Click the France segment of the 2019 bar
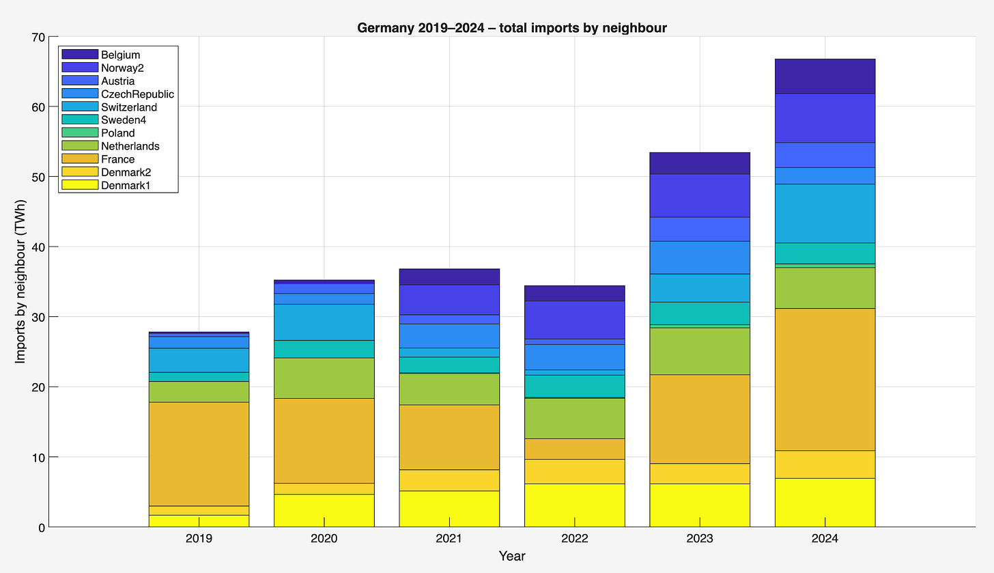click(x=199, y=453)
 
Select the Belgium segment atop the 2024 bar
click(x=825, y=76)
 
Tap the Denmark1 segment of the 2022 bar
click(x=574, y=505)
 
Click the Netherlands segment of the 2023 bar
click(x=700, y=351)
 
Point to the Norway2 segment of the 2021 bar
click(x=449, y=300)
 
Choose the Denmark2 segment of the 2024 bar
click(x=825, y=464)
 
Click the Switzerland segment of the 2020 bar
click(x=324, y=322)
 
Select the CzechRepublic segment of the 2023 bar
click(x=700, y=257)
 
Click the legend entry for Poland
click(x=117, y=133)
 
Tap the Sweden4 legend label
click(x=123, y=120)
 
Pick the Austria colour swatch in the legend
click(x=79, y=81)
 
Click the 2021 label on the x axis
click(x=449, y=538)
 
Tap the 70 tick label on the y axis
click(x=38, y=37)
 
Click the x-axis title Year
click(x=511, y=556)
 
